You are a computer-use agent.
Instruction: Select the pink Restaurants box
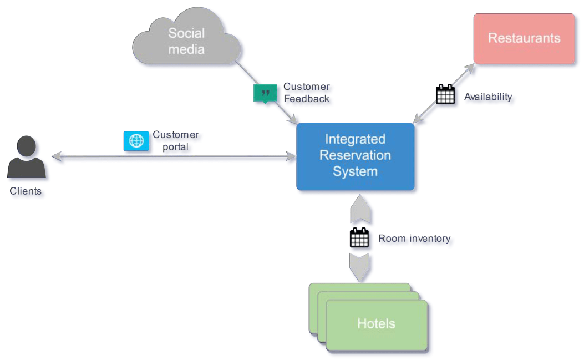point(524,38)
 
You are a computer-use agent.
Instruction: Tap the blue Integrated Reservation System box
point(355,156)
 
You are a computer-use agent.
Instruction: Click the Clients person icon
point(26,158)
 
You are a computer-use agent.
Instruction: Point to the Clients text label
point(26,191)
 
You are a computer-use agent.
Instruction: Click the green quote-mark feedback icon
point(265,93)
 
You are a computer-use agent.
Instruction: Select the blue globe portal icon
point(136,141)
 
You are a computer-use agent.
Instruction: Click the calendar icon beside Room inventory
point(359,238)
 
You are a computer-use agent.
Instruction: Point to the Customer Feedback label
point(306,93)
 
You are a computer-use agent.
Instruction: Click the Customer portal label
point(175,141)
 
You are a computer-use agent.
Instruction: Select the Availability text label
point(488,97)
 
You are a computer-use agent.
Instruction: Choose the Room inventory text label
point(414,239)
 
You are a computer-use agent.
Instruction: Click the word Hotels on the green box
point(376,323)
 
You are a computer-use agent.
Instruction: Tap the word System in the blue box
point(355,171)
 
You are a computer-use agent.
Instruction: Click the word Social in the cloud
point(186,33)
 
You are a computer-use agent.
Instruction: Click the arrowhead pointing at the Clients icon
point(56,158)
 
